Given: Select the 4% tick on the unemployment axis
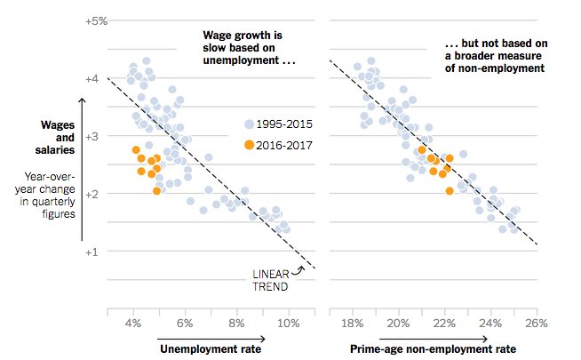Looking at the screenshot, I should (133, 322).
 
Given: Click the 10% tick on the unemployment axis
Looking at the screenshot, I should (288, 322).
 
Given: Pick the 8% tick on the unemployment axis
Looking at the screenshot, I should (236, 322).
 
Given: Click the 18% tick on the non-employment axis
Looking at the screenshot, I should (352, 322).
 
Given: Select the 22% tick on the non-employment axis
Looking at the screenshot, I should (444, 322).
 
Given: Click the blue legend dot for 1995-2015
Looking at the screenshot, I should (250, 125).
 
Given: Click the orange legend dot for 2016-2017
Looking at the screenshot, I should (250, 143).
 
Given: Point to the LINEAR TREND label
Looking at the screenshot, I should (270, 280).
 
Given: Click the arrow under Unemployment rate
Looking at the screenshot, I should (211, 338).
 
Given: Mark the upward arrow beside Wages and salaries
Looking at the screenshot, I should (82, 169).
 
